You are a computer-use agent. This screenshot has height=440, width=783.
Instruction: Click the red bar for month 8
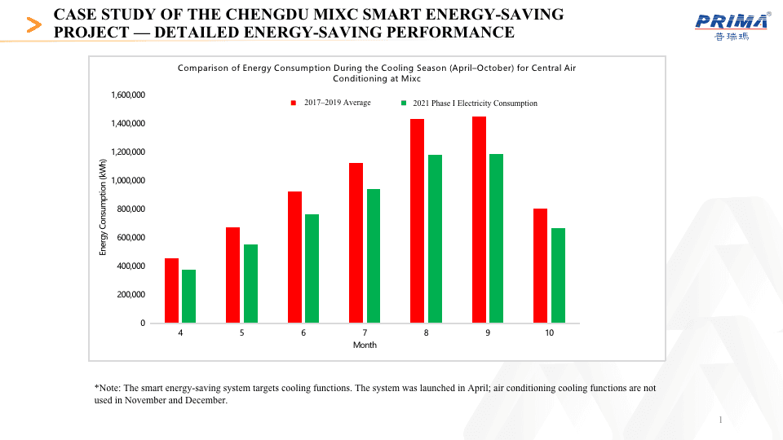[417, 221]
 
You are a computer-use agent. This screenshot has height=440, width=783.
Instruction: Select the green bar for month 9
[496, 238]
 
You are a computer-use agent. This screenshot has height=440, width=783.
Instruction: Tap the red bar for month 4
[171, 290]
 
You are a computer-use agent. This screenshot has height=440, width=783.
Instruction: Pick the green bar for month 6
[312, 268]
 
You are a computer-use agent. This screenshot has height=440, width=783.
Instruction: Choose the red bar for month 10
[540, 266]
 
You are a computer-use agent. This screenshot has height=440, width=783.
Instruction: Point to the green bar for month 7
[373, 256]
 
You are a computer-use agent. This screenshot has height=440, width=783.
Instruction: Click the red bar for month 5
[232, 275]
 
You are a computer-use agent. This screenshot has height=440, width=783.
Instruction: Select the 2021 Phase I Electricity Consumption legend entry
[474, 103]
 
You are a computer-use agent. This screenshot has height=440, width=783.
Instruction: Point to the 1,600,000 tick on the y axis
[128, 95]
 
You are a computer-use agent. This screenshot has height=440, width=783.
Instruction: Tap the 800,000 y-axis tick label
[130, 209]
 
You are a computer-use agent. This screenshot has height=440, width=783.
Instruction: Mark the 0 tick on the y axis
[142, 323]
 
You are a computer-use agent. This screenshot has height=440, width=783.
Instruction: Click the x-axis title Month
[365, 345]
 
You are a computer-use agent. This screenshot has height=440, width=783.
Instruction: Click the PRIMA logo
[732, 26]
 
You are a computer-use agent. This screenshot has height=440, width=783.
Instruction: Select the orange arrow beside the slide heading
[34, 24]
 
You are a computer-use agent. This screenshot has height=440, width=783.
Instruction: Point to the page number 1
[721, 420]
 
